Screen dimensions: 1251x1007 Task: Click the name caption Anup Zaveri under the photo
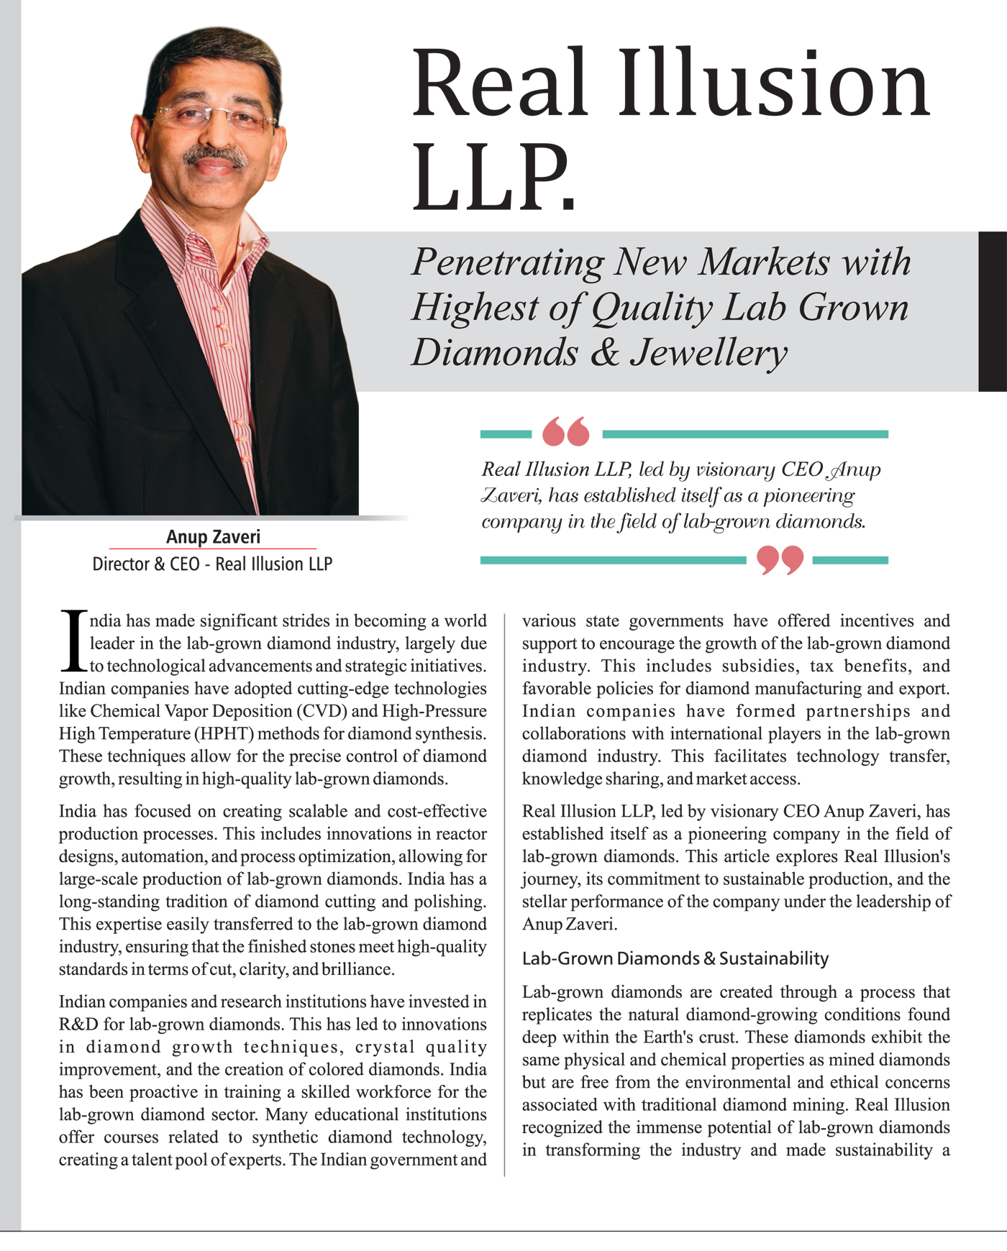[x=213, y=537]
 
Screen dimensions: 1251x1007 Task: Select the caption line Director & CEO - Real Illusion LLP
[x=212, y=564]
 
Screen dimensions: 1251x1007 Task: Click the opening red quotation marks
[x=566, y=431]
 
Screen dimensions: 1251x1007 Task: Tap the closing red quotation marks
[x=780, y=560]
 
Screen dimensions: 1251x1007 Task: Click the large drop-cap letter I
[x=73, y=641]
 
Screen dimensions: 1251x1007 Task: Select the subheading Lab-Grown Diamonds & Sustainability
[x=675, y=958]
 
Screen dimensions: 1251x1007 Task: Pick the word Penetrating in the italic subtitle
[x=507, y=262]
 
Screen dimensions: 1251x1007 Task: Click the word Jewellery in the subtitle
[x=708, y=353]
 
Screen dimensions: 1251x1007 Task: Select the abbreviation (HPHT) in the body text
[x=223, y=734]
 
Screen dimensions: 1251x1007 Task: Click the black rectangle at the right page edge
[x=993, y=311]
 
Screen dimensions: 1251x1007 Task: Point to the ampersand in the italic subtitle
[x=604, y=353]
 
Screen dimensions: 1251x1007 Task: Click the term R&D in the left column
[x=78, y=1025]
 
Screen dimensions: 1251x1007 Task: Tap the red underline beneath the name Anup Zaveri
[x=213, y=549]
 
